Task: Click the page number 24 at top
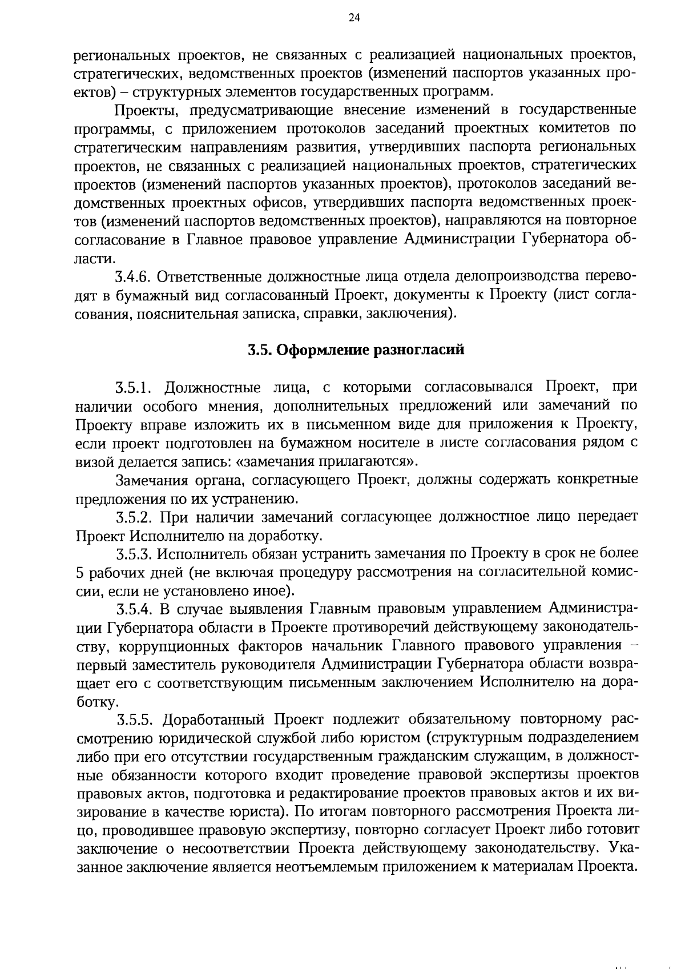[x=354, y=18]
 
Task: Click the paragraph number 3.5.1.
[x=133, y=388]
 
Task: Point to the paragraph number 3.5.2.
[x=133, y=517]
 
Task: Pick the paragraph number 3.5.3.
[x=133, y=554]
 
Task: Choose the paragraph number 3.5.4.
[x=133, y=609]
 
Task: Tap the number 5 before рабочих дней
[x=79, y=573]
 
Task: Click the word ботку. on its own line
[x=92, y=701]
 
